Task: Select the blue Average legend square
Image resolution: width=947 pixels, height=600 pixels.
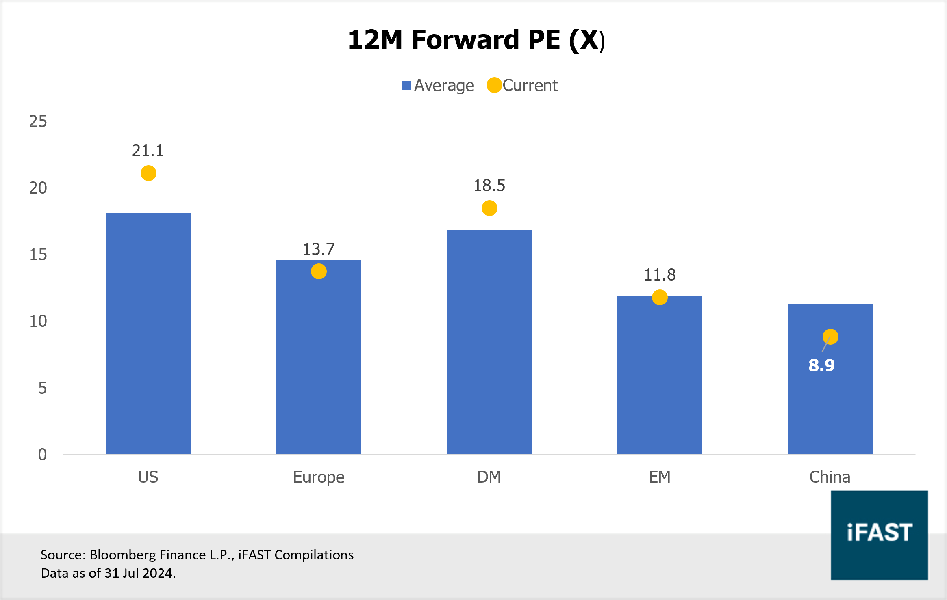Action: coord(406,85)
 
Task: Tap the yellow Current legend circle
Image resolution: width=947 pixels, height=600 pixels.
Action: coord(494,85)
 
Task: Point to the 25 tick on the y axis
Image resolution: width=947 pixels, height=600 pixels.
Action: coord(38,121)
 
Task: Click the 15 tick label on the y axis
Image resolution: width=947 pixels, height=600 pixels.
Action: coord(38,255)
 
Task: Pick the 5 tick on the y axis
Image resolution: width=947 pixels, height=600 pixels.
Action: coord(42,388)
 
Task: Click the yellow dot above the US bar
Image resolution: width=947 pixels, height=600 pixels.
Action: coord(148,173)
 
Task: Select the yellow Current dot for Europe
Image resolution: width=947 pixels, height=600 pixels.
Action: coord(319,272)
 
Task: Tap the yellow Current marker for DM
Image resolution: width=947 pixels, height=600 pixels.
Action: coord(489,208)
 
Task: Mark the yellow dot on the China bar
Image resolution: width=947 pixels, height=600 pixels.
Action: coord(830,337)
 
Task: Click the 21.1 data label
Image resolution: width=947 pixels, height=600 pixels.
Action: coord(148,151)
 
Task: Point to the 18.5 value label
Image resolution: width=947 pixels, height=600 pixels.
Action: coord(489,186)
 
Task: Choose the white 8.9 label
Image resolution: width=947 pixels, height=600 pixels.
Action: coord(821,365)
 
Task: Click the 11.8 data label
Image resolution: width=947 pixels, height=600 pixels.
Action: coord(660,275)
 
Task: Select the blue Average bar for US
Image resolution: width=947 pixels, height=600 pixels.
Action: coord(148,333)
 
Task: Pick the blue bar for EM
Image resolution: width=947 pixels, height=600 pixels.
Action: coord(659,378)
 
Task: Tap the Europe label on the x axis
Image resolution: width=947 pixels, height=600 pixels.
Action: coord(319,477)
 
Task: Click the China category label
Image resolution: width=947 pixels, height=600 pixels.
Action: coord(830,477)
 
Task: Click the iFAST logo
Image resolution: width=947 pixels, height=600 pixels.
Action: coord(879,535)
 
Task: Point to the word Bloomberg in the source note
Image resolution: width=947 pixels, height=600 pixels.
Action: coord(119,555)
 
